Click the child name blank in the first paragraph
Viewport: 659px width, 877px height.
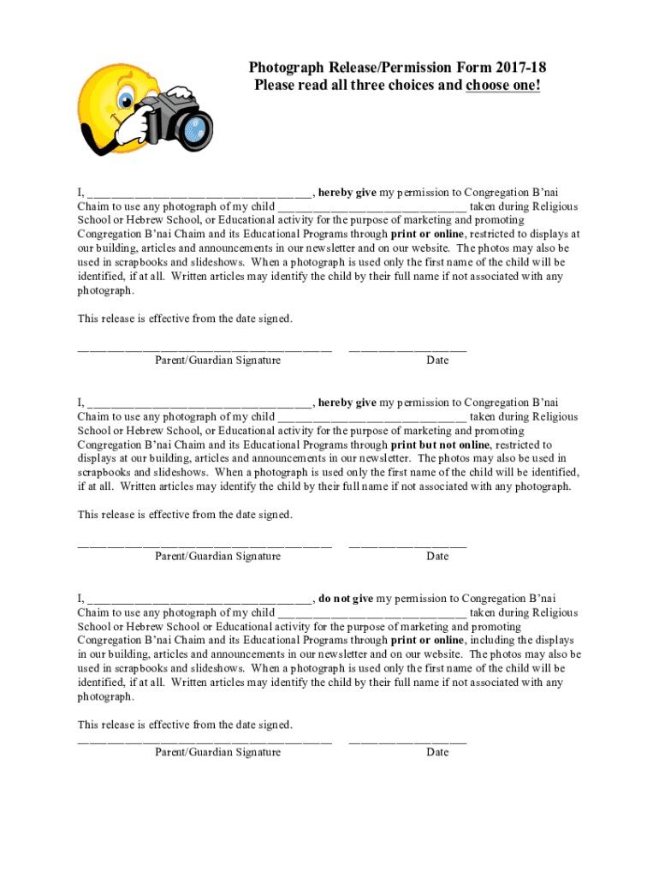(x=371, y=207)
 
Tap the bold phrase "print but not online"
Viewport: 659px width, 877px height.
(x=441, y=445)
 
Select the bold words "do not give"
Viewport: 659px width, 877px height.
(x=346, y=599)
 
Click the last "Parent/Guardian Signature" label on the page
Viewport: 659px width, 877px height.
(x=217, y=753)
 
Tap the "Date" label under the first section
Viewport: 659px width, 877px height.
(x=437, y=361)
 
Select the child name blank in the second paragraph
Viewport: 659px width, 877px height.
(x=371, y=418)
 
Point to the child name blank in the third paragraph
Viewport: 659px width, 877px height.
(x=371, y=613)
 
